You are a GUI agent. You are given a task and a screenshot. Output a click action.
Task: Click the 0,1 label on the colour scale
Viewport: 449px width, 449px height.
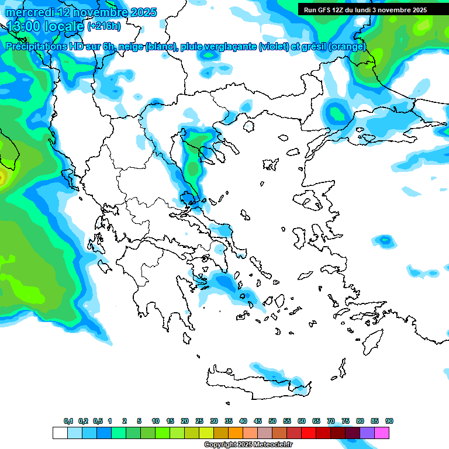[x=68, y=421]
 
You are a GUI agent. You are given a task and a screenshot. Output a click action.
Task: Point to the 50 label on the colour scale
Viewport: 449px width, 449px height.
[x=272, y=421]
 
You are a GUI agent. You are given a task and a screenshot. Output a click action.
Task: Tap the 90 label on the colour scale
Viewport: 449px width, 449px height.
[x=389, y=421]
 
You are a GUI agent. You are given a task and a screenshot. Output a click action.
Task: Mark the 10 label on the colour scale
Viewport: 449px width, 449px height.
[x=156, y=421]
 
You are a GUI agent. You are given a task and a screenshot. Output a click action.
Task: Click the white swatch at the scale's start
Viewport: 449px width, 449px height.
[x=60, y=433]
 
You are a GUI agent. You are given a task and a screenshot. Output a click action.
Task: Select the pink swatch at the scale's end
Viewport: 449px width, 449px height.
[x=382, y=433]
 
